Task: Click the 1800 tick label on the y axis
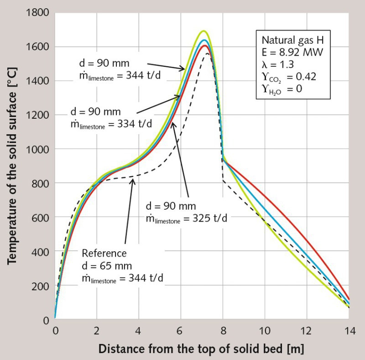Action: pos(38,13)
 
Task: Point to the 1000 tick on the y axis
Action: pos(38,149)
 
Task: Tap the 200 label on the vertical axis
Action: pos(42,286)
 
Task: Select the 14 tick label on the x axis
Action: pos(349,330)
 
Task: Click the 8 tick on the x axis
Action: pos(223,330)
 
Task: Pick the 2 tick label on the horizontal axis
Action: pos(97,330)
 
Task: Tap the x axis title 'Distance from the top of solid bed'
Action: pos(201,349)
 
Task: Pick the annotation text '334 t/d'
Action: pos(136,124)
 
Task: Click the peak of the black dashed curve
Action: pos(208,53)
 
